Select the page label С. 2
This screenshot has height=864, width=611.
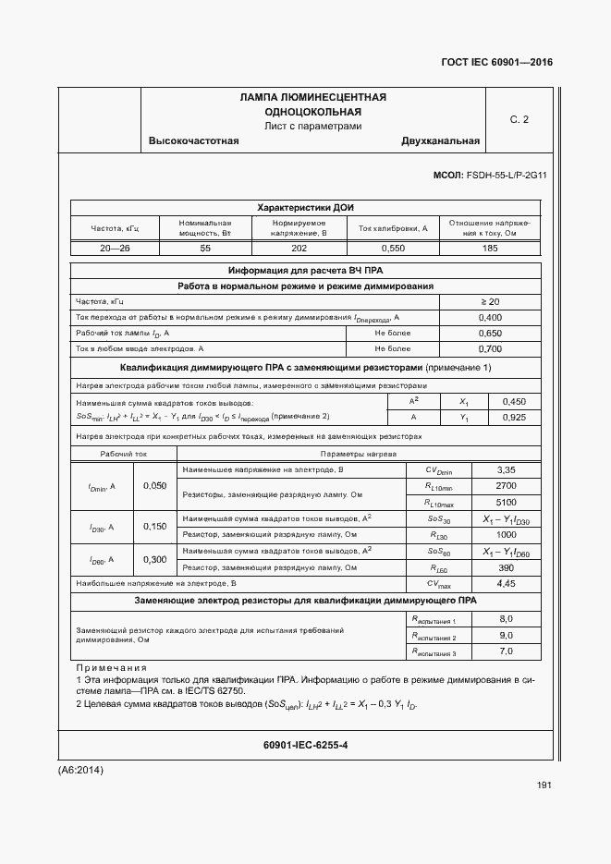click(x=519, y=119)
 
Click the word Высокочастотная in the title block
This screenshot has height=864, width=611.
click(x=193, y=141)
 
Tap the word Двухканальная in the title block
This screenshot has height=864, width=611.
click(x=440, y=141)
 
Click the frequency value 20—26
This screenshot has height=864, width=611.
click(x=115, y=249)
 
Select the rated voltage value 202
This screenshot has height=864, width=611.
click(x=299, y=249)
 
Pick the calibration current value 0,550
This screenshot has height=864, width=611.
click(x=393, y=249)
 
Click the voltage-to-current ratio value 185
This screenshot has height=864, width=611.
click(x=490, y=249)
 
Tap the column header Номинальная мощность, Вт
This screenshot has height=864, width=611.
click(x=205, y=228)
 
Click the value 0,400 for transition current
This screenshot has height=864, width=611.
click(x=490, y=317)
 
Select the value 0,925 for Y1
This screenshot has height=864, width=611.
click(x=513, y=419)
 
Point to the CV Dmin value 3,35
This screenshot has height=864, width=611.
click(x=506, y=470)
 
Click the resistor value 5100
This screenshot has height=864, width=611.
click(x=506, y=502)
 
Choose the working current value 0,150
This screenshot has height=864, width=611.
click(x=155, y=526)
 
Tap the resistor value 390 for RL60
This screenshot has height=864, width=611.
click(x=506, y=566)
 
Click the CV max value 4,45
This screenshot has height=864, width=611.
click(x=506, y=584)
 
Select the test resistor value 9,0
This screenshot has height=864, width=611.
click(x=506, y=636)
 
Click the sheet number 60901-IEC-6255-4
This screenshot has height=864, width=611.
click(x=306, y=745)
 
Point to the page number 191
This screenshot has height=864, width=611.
click(x=544, y=785)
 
